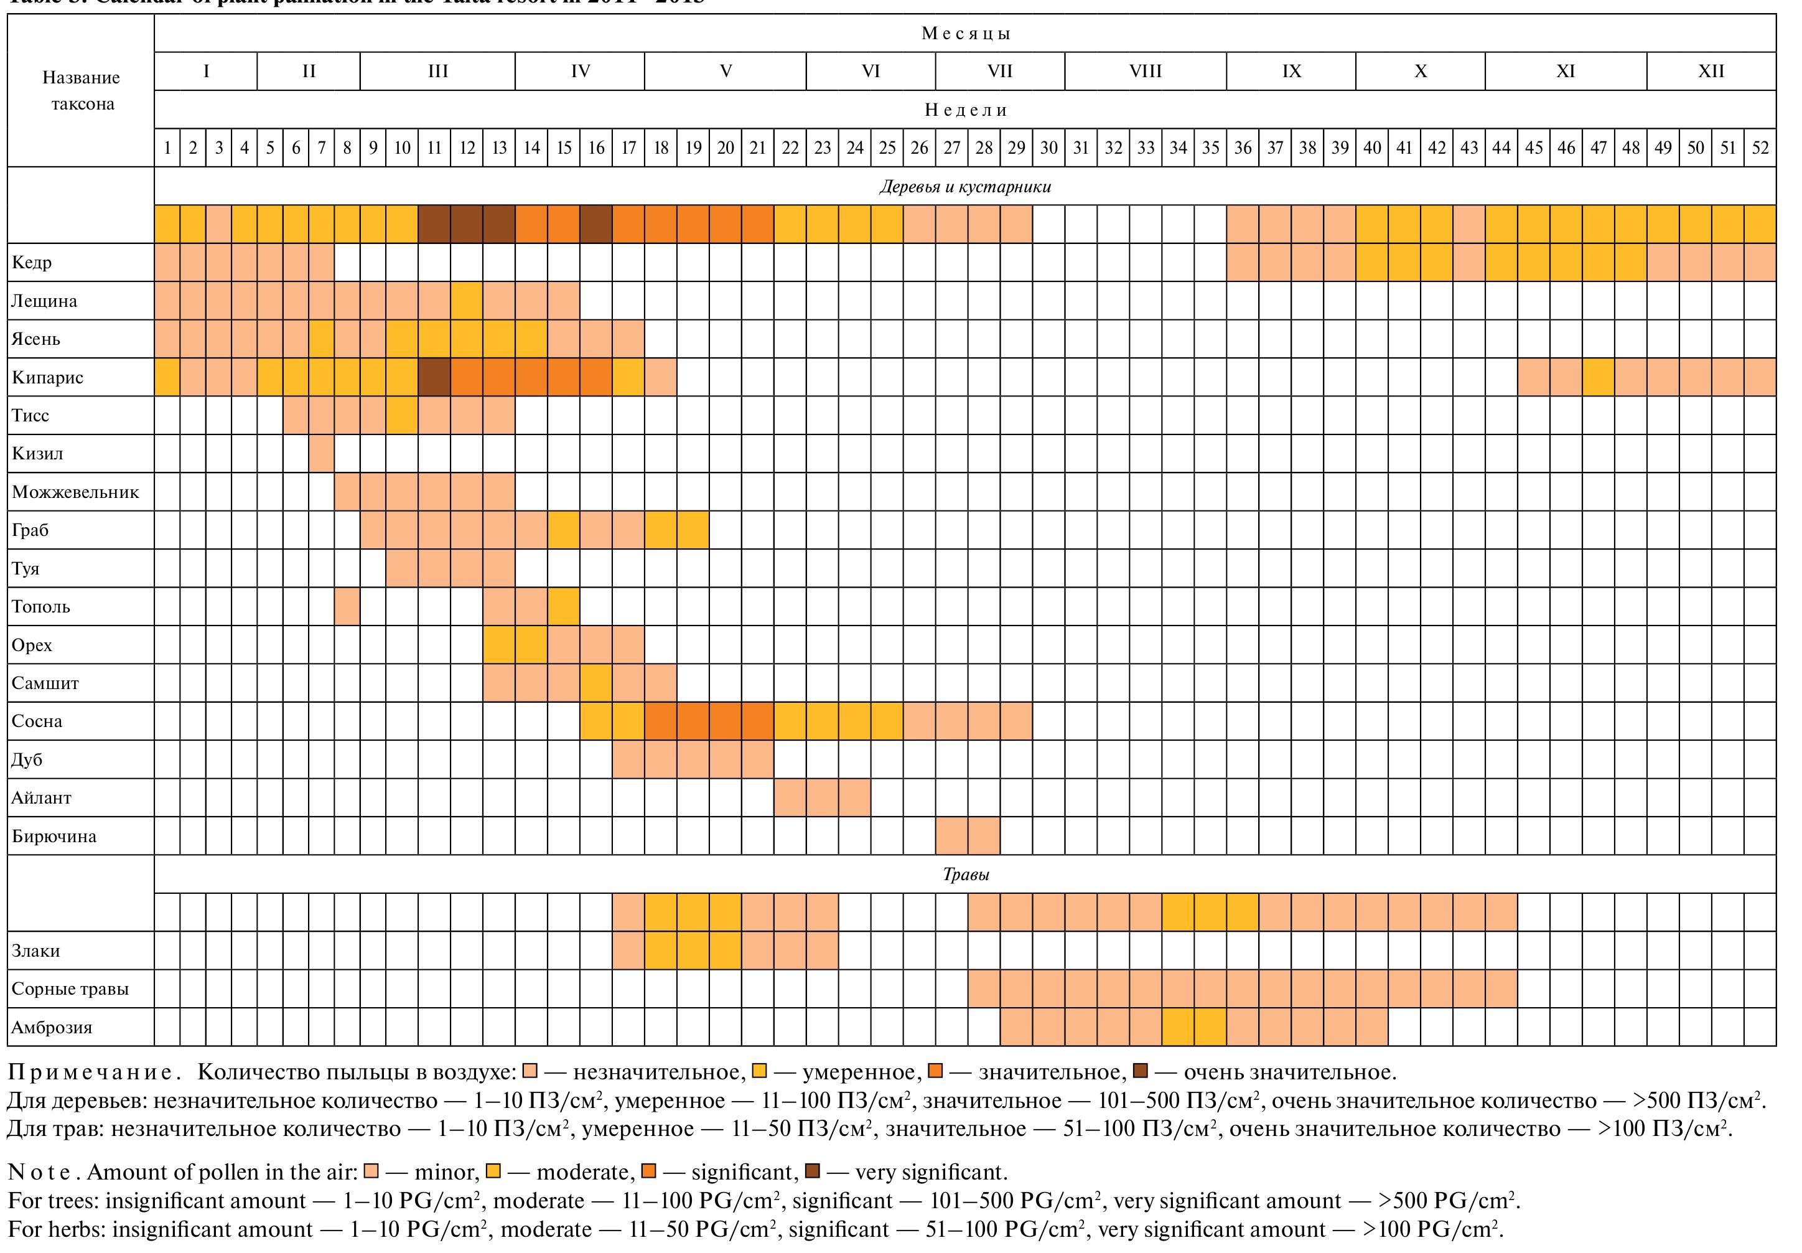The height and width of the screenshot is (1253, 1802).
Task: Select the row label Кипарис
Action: click(x=47, y=378)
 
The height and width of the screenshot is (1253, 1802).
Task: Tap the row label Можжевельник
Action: click(x=75, y=492)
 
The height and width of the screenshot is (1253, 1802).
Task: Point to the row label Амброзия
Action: click(x=52, y=1028)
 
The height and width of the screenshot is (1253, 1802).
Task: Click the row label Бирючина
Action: click(x=54, y=836)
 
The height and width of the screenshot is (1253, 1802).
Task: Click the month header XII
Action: click(x=1711, y=72)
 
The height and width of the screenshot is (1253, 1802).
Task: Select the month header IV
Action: click(x=580, y=72)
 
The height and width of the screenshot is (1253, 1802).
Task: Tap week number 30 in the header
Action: click(x=1048, y=148)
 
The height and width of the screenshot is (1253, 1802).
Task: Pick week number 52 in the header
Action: click(x=1760, y=148)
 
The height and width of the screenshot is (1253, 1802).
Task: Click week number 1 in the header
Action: click(x=167, y=148)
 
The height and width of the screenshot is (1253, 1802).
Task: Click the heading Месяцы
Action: click(x=965, y=34)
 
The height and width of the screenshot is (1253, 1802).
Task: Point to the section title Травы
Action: click(x=965, y=875)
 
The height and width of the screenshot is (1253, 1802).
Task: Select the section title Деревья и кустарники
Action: click(x=965, y=187)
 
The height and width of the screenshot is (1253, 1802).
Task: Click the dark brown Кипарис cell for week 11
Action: click(x=434, y=378)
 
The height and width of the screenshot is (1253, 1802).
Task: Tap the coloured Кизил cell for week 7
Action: click(x=322, y=454)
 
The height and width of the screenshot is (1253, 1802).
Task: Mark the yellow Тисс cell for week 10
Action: click(x=402, y=415)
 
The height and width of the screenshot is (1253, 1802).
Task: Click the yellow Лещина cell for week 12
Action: click(x=467, y=301)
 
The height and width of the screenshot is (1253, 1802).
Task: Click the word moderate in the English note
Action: click(x=584, y=1172)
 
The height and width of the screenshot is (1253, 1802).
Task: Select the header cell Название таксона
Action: click(x=82, y=90)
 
